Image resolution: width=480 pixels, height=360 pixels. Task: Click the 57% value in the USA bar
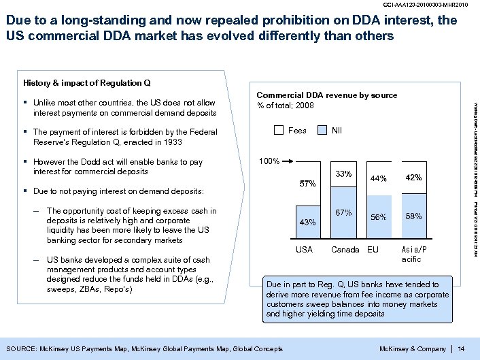pos(308,184)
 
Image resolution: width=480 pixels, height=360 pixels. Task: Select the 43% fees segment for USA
pos(308,222)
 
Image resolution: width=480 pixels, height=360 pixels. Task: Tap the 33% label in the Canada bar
pos(343,174)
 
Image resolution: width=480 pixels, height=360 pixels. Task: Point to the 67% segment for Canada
pos(343,212)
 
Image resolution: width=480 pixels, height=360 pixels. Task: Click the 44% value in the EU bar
pos(379,179)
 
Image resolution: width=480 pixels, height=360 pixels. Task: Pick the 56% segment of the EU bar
pos(379,217)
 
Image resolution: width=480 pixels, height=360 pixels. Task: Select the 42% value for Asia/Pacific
pos(413,178)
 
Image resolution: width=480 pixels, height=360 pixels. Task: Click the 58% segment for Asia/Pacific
pos(413,216)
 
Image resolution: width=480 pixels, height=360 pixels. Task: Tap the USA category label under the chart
pos(304,250)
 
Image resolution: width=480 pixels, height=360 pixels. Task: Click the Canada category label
pos(345,250)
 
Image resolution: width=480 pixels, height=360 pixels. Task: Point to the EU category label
pos(373,250)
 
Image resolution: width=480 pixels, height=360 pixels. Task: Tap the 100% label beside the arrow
pos(269,161)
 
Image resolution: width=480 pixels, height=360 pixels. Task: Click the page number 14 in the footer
pos(462,349)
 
